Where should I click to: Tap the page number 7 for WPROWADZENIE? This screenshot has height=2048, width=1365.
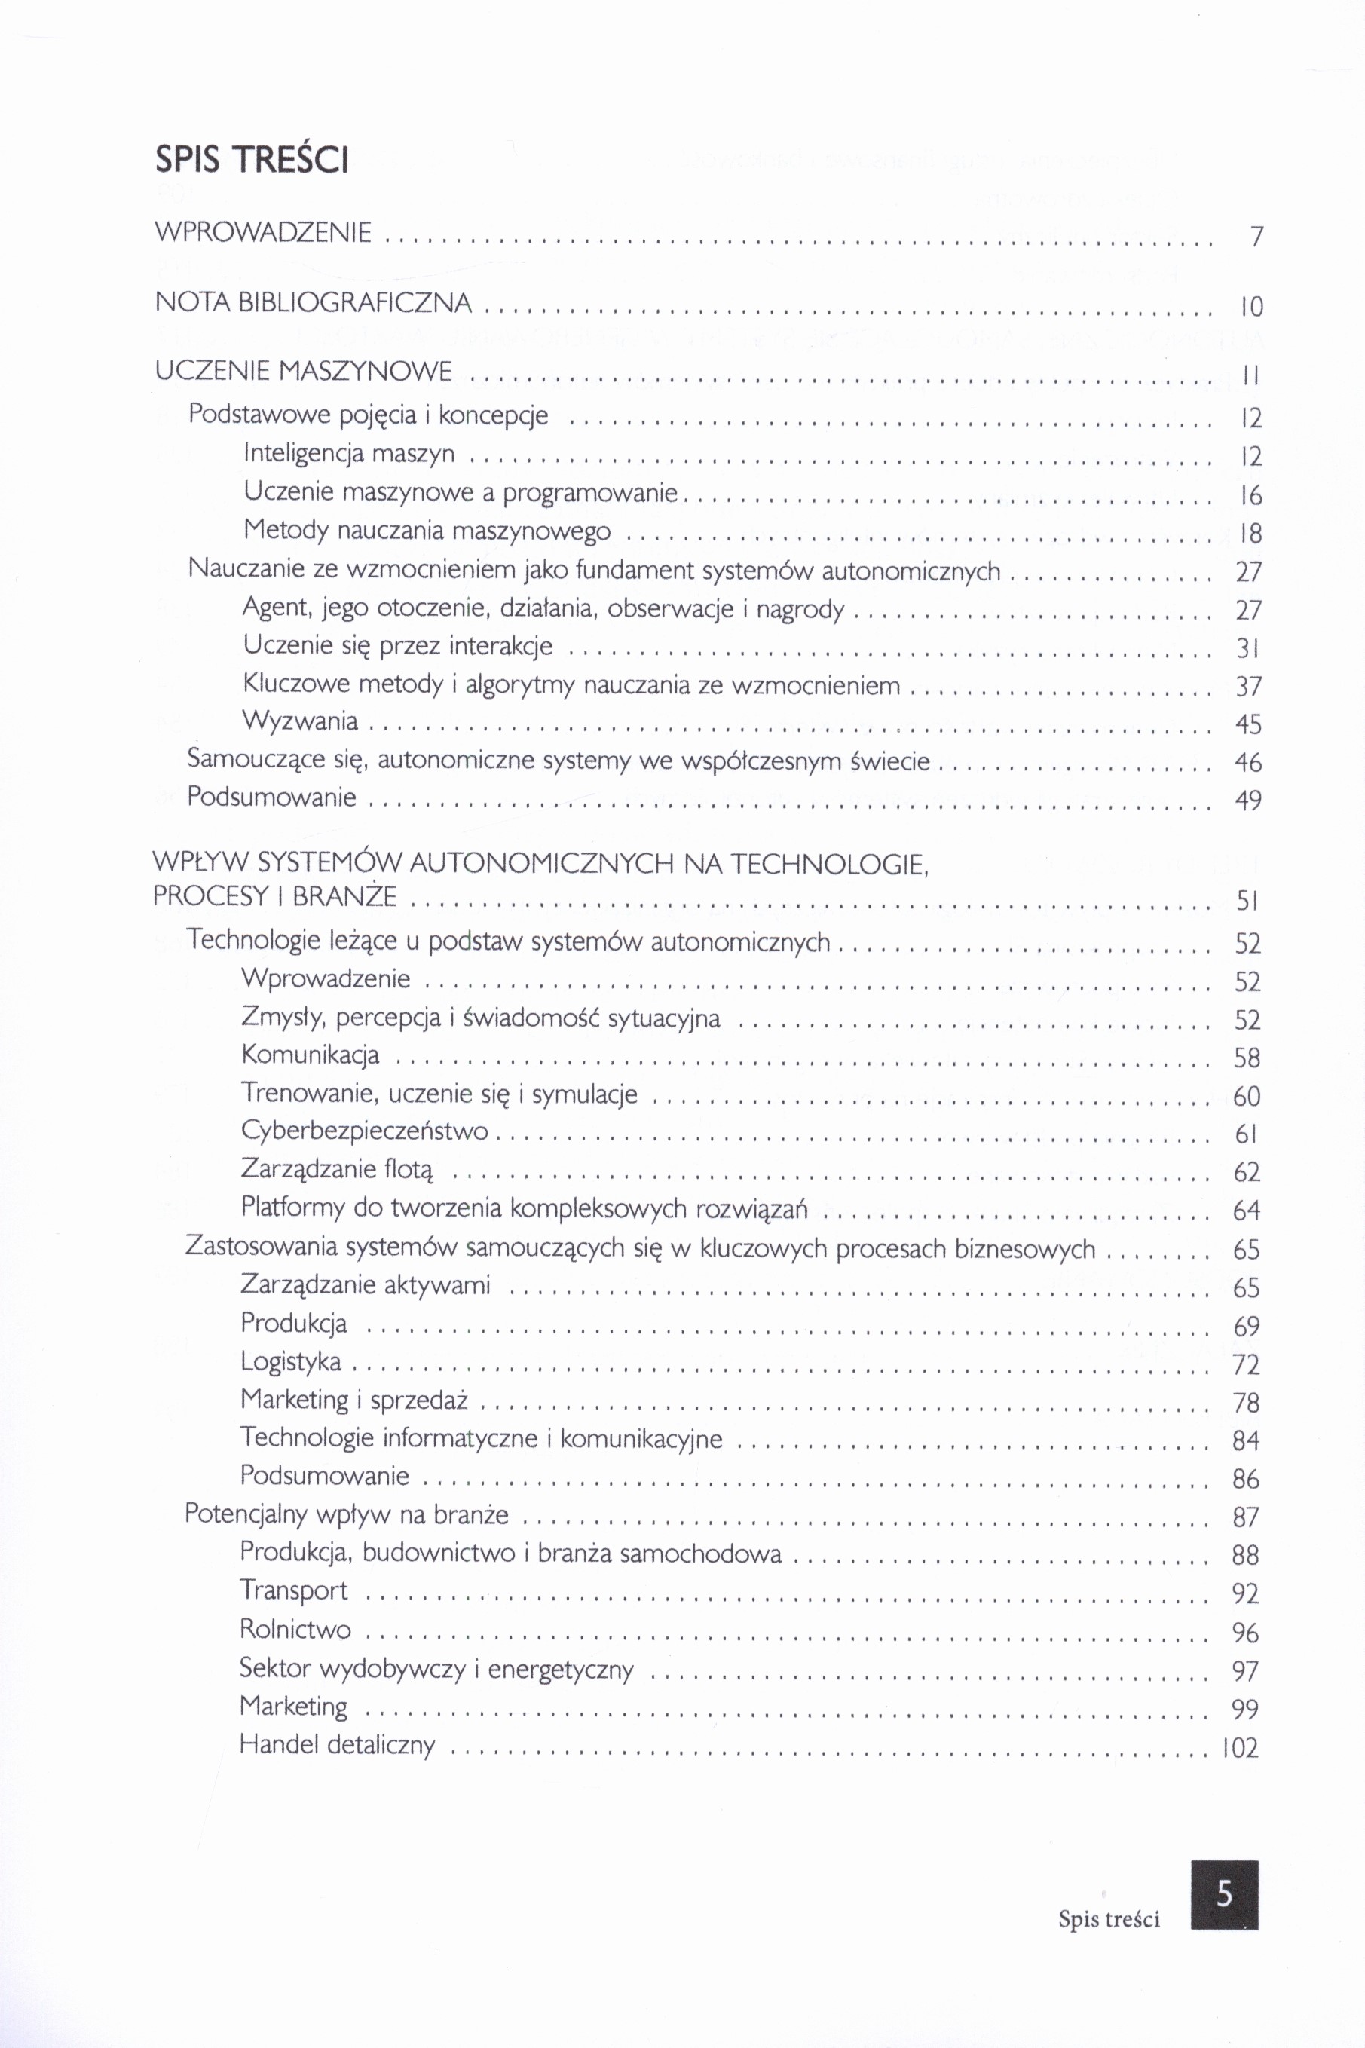1255,237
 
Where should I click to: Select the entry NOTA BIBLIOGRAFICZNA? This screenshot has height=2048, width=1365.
314,303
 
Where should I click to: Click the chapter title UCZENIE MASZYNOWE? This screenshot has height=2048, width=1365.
304,372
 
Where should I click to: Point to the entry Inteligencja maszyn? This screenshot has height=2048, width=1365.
349,454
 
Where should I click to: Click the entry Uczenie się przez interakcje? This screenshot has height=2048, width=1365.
398,646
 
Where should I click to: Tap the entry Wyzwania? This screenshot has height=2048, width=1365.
300,721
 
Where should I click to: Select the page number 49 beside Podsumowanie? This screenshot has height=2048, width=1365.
1248,800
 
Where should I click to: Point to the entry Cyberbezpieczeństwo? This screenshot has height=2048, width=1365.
365,1131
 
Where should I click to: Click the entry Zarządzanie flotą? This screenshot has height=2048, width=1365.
337,1169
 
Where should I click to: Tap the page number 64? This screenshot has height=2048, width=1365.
1247,1210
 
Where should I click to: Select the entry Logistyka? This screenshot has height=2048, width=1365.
291,1361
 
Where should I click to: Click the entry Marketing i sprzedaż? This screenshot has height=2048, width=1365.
354,1400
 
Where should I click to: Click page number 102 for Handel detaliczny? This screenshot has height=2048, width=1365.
1241,1746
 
